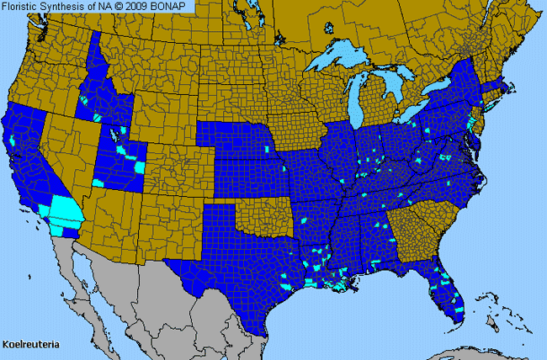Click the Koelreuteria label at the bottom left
click(31, 345)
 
